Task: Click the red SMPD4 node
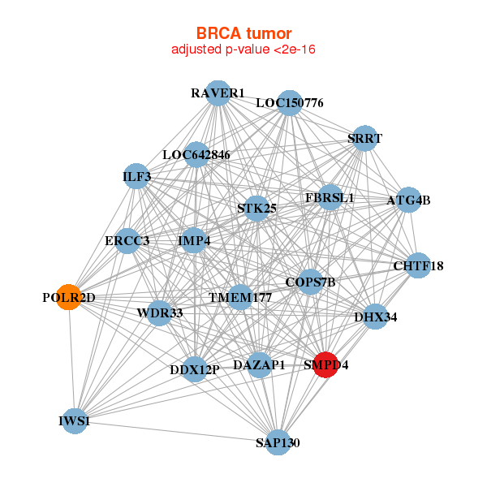coord(325,365)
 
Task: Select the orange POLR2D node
coord(69,297)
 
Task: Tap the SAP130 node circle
coord(278,442)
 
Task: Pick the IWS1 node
coord(74,421)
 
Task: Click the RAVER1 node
coord(218,93)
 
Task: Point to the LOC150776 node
coord(290,103)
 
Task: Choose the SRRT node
coord(364,138)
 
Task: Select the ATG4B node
coord(408,200)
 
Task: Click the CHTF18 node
coord(418,265)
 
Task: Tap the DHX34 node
coord(375,317)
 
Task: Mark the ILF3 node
coord(137,177)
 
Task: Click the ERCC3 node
coord(127,241)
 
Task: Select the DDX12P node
coord(195,370)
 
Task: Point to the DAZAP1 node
coord(259,365)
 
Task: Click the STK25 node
coord(256,209)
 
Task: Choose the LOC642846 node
coord(196,154)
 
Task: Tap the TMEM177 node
coord(239,298)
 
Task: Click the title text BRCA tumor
coord(243,33)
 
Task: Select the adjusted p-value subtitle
coord(243,50)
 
